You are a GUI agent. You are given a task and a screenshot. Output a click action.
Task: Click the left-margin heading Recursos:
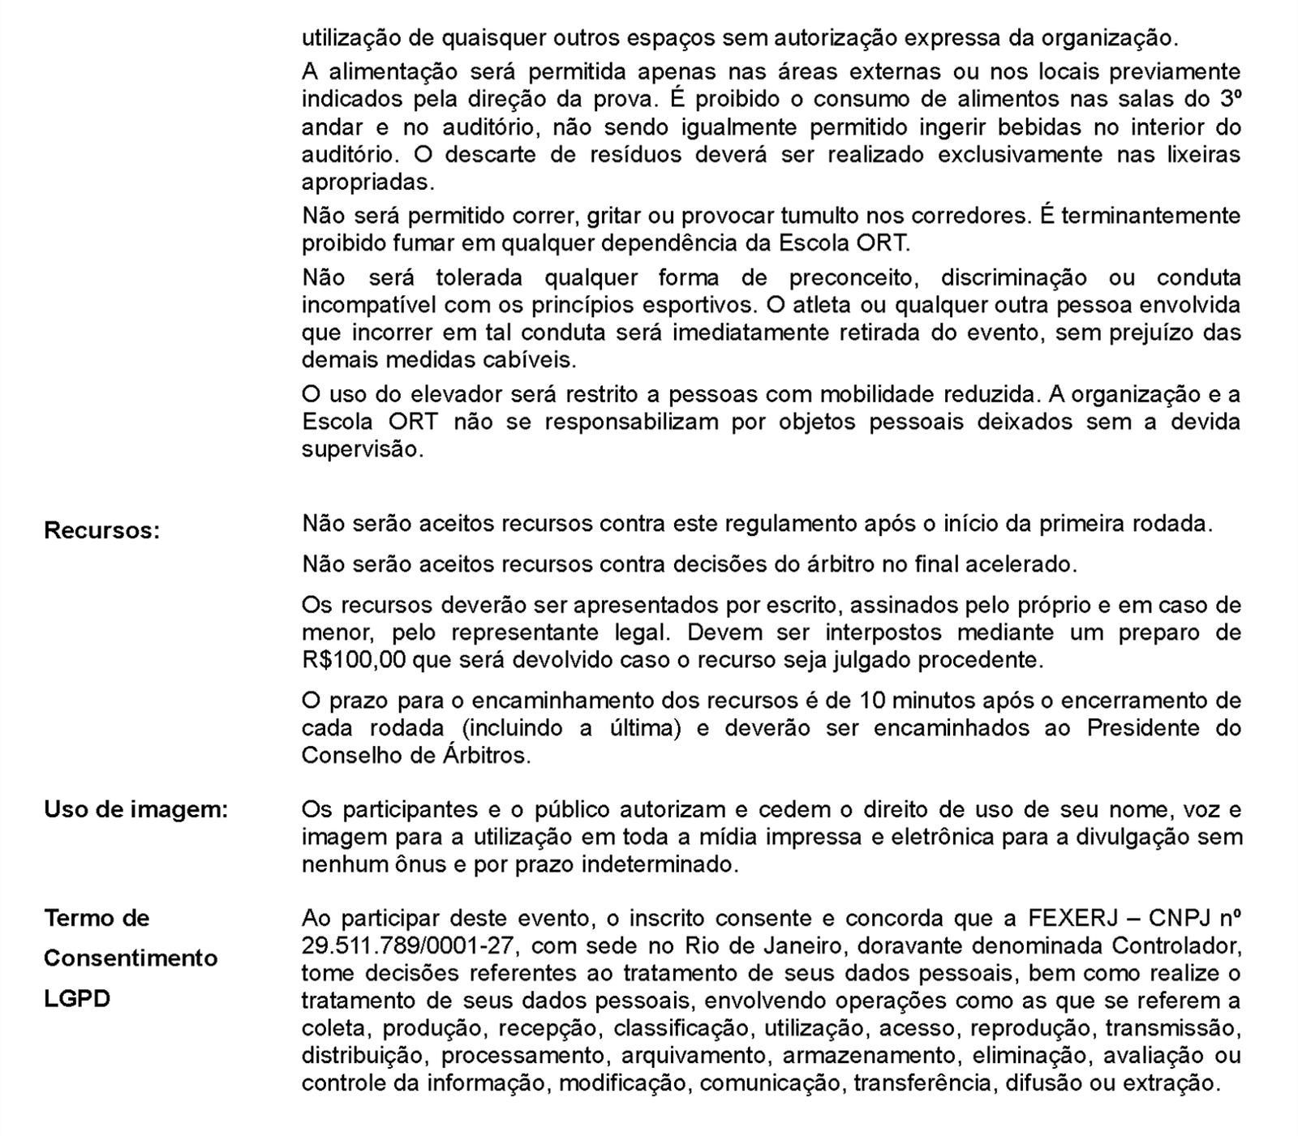point(101,531)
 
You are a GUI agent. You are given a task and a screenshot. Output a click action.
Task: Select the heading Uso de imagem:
point(136,809)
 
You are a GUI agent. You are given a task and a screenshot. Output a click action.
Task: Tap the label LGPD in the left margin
point(76,998)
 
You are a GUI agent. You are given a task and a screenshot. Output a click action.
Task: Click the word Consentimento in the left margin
point(131,958)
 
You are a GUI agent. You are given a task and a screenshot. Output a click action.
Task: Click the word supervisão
point(362,449)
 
